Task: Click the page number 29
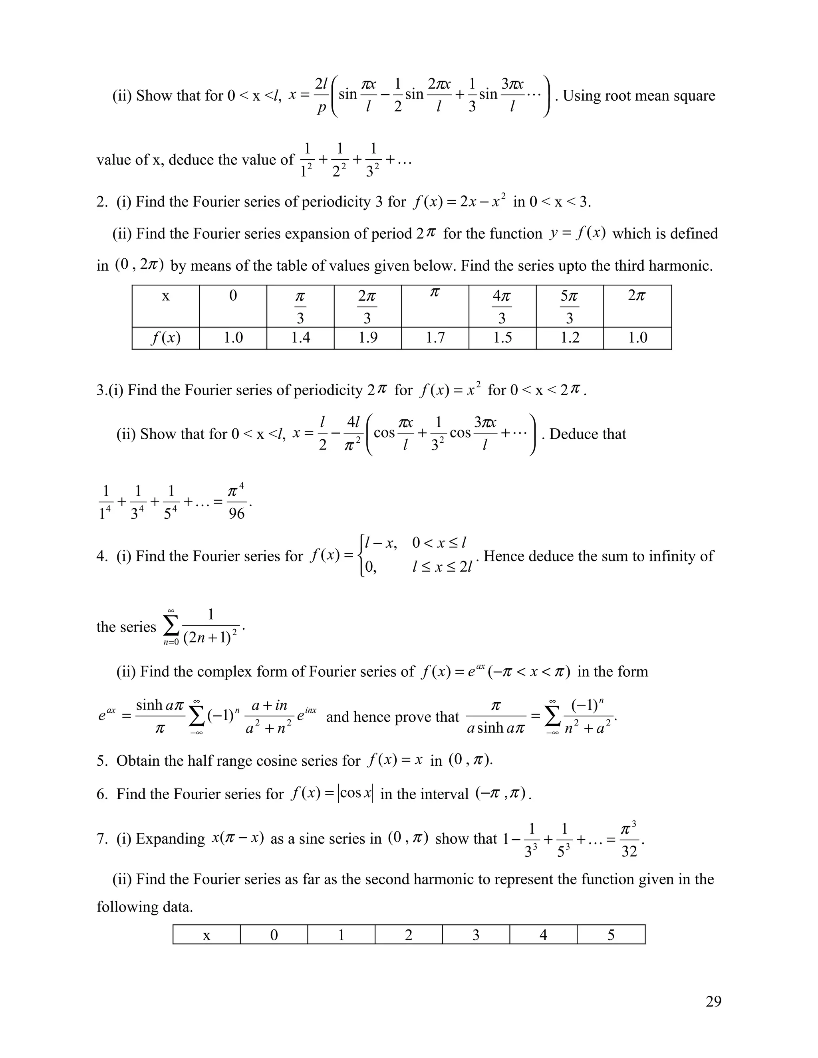(713, 1001)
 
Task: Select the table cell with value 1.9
(368, 338)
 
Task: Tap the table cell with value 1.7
(435, 338)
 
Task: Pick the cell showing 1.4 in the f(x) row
(300, 338)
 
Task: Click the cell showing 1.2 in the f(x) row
(570, 338)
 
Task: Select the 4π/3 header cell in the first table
(502, 306)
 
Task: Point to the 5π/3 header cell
(570, 306)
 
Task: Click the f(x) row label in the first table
(166, 338)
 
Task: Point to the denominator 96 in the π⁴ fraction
(236, 513)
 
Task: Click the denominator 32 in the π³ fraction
(629, 851)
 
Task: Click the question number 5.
(101, 761)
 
